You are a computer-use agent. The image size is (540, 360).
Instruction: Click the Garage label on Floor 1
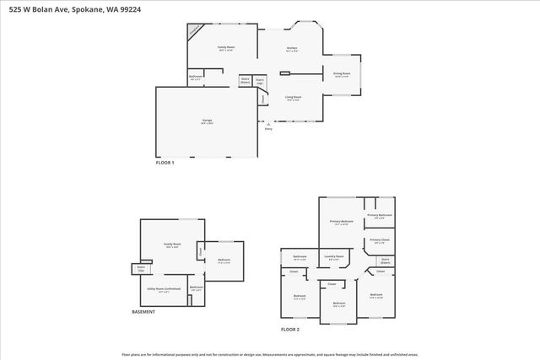click(207, 121)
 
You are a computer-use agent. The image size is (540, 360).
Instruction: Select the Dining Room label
click(341, 75)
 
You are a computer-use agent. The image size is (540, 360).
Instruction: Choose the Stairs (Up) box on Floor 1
click(261, 81)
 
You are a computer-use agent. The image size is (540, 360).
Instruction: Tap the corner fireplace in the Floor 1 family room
click(194, 31)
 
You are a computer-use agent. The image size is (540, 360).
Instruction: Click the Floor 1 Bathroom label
click(195, 78)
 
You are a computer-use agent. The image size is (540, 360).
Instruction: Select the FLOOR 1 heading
click(165, 163)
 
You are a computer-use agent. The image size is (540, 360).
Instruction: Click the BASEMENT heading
click(143, 312)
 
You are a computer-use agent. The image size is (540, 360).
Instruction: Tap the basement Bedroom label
click(224, 260)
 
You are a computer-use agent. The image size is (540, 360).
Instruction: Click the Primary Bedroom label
click(341, 223)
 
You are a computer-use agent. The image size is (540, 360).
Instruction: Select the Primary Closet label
click(379, 241)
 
